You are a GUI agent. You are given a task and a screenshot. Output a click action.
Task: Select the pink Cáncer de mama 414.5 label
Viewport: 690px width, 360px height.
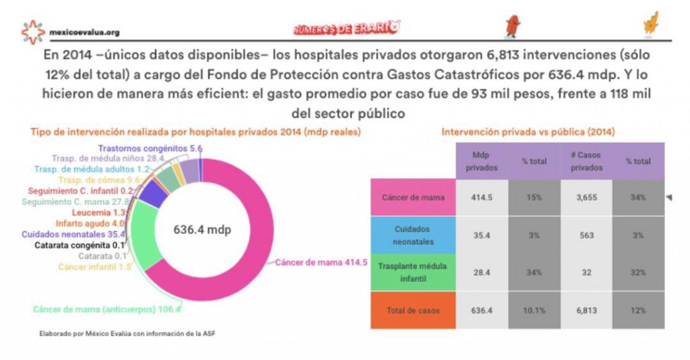click(x=321, y=262)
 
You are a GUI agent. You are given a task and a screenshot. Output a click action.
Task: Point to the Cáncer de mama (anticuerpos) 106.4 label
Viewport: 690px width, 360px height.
click(x=107, y=309)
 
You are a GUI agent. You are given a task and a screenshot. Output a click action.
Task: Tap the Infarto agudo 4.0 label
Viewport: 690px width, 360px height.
click(x=90, y=223)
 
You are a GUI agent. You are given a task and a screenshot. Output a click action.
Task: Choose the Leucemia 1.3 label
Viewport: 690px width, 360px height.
click(x=98, y=212)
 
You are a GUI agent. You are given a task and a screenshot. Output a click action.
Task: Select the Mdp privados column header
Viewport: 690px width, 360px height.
click(x=479, y=161)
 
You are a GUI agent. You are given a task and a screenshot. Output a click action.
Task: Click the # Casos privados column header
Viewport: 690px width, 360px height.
click(x=586, y=161)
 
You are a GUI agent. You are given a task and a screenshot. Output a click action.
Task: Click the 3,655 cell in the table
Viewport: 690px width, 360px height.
click(x=586, y=198)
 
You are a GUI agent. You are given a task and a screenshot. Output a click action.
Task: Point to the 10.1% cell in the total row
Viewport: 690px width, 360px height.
click(x=533, y=310)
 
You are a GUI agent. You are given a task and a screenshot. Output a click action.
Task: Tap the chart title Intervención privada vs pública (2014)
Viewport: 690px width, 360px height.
click(x=528, y=132)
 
